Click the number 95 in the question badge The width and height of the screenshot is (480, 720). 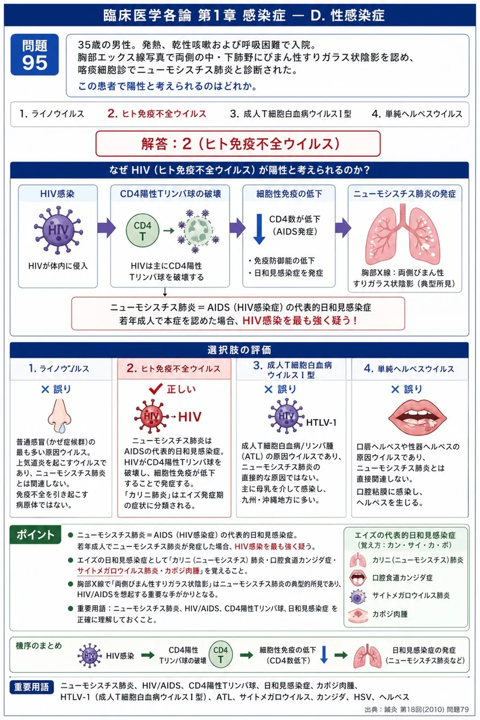point(35,62)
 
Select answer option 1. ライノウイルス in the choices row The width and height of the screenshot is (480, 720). point(52,114)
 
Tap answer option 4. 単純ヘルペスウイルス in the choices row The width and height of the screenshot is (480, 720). point(417,114)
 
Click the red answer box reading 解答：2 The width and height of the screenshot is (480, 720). point(238,143)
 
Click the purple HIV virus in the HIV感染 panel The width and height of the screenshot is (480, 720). point(58,230)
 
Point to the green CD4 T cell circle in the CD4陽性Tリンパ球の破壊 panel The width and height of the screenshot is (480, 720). point(142,231)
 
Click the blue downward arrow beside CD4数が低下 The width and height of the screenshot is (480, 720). point(259,229)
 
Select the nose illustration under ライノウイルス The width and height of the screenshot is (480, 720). point(60,416)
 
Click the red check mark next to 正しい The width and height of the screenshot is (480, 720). point(156,389)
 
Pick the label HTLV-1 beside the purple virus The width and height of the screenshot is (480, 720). point(321,422)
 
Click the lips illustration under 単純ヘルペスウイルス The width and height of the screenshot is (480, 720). point(418,416)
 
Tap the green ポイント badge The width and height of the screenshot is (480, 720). point(35,535)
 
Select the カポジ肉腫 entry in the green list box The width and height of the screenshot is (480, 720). point(390,614)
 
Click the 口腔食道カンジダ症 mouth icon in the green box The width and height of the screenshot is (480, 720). point(357,578)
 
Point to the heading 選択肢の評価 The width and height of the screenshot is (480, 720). point(239,350)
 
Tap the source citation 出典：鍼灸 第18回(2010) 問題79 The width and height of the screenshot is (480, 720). point(416,709)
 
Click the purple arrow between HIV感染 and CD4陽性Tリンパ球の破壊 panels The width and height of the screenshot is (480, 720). point(106,228)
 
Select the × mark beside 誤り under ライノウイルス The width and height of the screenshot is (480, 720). point(46,390)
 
